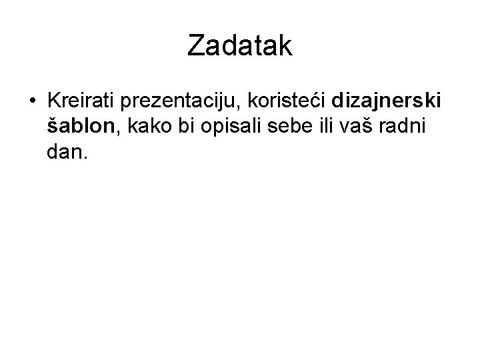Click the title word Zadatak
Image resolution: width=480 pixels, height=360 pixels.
(240, 45)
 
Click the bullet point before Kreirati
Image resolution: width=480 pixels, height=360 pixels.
(32, 102)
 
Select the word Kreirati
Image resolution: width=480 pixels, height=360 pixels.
(80, 102)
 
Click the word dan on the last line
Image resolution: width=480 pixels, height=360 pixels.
(63, 153)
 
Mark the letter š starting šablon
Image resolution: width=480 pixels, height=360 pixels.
(53, 127)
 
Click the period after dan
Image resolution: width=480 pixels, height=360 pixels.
(84, 158)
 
